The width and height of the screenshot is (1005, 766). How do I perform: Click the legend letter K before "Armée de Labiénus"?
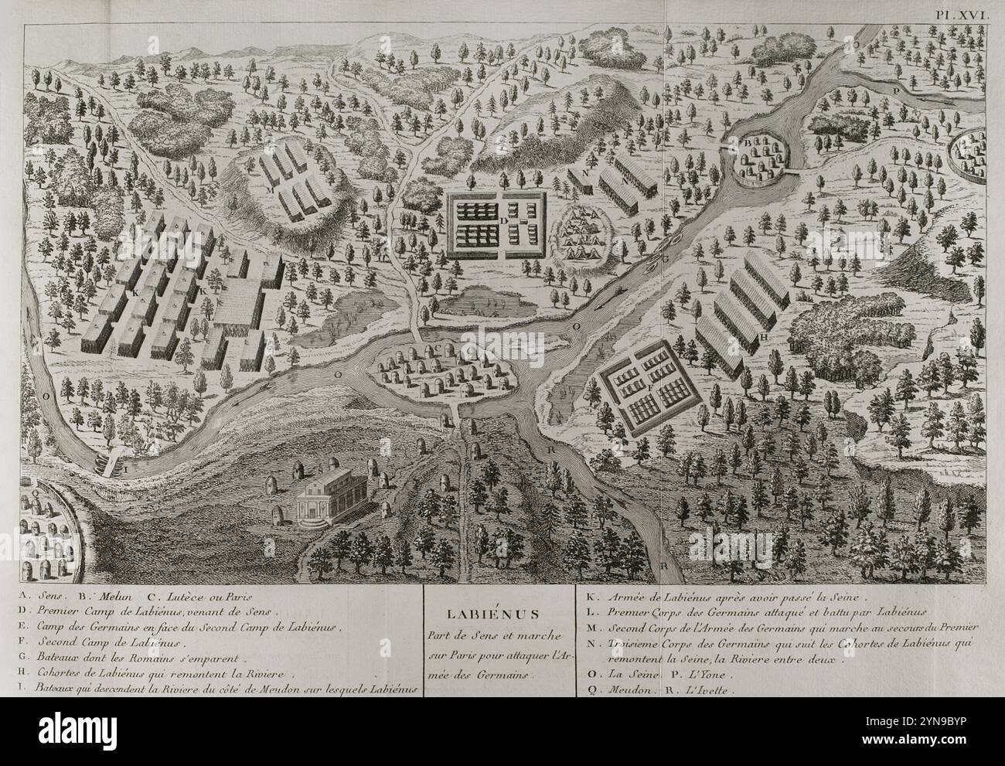(586, 597)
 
